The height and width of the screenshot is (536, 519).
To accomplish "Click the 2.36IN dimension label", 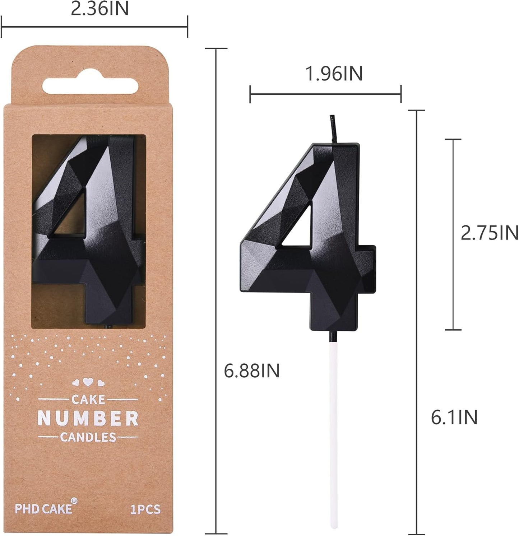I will [x=99, y=9].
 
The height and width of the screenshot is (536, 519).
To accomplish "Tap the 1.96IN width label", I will [x=334, y=74].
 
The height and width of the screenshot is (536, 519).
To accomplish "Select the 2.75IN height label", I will [x=489, y=233].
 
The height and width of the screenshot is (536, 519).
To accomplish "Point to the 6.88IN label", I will [x=251, y=370].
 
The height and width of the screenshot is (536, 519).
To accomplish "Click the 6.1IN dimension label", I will [x=454, y=418].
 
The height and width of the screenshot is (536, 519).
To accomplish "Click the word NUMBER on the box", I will [x=88, y=419].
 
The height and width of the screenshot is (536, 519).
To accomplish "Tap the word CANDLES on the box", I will [x=88, y=437].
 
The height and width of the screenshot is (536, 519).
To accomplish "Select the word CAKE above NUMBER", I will [x=88, y=399].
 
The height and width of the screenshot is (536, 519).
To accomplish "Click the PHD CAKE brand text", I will [x=43, y=509].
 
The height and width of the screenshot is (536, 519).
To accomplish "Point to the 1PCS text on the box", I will [x=145, y=509].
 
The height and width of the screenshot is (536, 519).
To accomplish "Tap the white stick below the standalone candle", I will [x=334, y=431].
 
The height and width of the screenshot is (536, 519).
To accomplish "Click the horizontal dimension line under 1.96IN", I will [x=325, y=94].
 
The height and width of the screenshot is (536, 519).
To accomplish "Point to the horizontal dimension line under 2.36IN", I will [x=94, y=26].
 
